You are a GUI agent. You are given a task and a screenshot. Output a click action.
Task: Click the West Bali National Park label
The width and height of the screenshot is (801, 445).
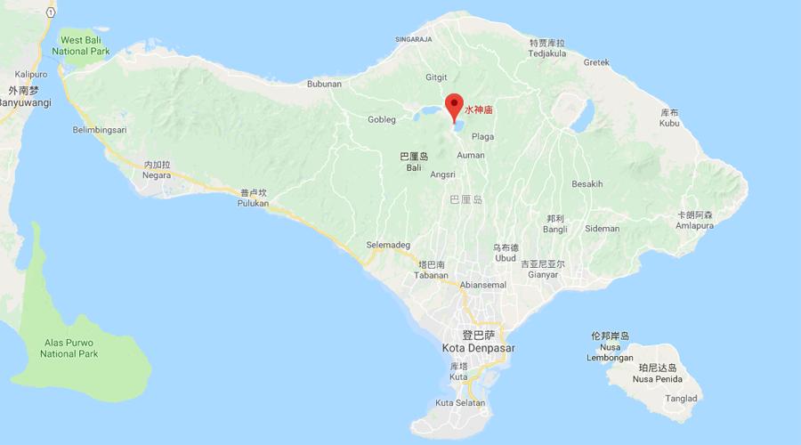click(85, 45)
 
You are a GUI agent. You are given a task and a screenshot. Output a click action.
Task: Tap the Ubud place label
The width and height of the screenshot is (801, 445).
click(505, 258)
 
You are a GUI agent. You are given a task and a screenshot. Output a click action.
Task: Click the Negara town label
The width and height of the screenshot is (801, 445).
click(156, 175)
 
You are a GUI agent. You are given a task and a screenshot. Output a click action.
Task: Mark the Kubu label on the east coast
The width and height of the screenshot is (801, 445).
click(669, 124)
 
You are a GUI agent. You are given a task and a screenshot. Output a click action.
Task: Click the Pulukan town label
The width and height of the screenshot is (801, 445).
click(254, 202)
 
